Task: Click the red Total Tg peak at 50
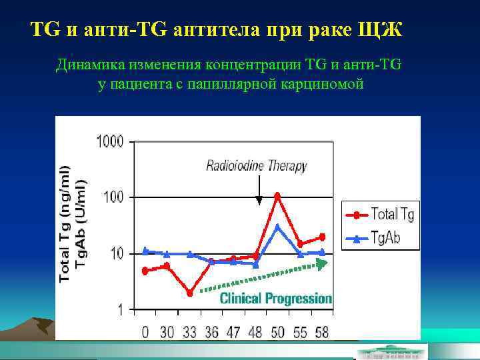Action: pyautogui.click(x=277, y=196)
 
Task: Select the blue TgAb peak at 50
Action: pyautogui.click(x=277, y=227)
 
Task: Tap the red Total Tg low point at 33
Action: pyautogui.click(x=189, y=293)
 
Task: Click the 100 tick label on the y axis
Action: pyautogui.click(x=115, y=197)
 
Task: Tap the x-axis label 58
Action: pyautogui.click(x=321, y=331)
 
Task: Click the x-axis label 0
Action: pyautogui.click(x=145, y=331)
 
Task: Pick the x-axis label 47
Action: pyautogui.click(x=233, y=331)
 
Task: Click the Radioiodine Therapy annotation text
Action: pyautogui.click(x=256, y=165)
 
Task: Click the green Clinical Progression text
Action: pyautogui.click(x=275, y=298)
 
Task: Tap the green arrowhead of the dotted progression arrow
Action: pyautogui.click(x=323, y=263)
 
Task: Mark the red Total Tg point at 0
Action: pyautogui.click(x=145, y=271)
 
